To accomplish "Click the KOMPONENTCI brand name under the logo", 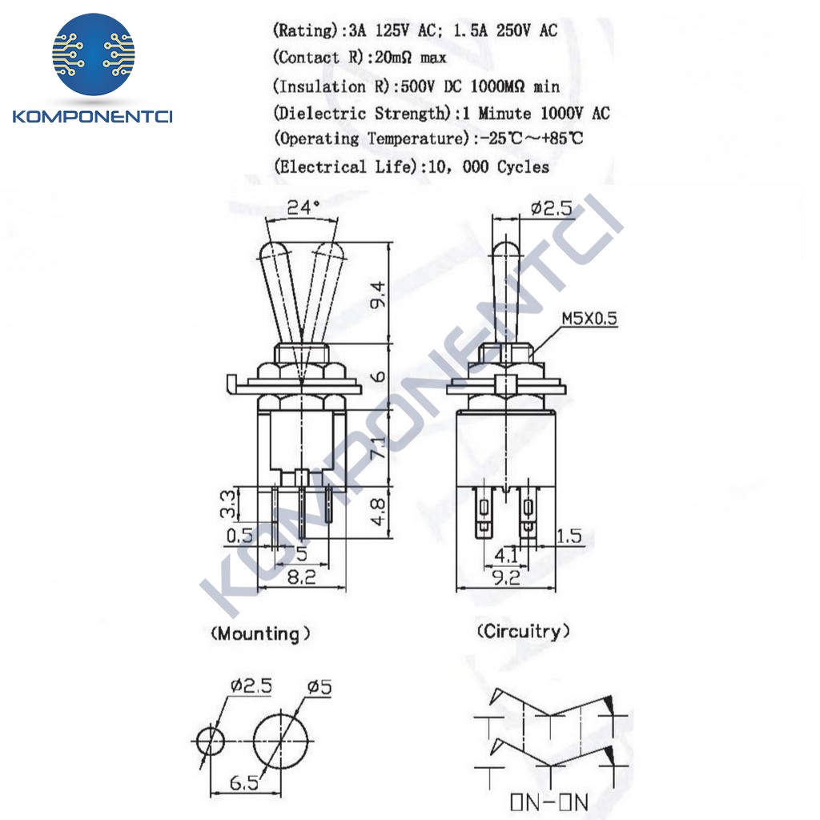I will pos(93,117).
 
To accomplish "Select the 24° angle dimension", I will pos(303,207).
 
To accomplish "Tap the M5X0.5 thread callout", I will pos(589,318).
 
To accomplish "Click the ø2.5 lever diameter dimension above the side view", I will pos(551,209).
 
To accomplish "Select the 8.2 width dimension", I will pos(301,576).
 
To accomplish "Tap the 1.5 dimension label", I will pos(569,536).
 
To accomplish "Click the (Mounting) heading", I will pos(259,634).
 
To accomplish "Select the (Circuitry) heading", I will pos(524,631).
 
